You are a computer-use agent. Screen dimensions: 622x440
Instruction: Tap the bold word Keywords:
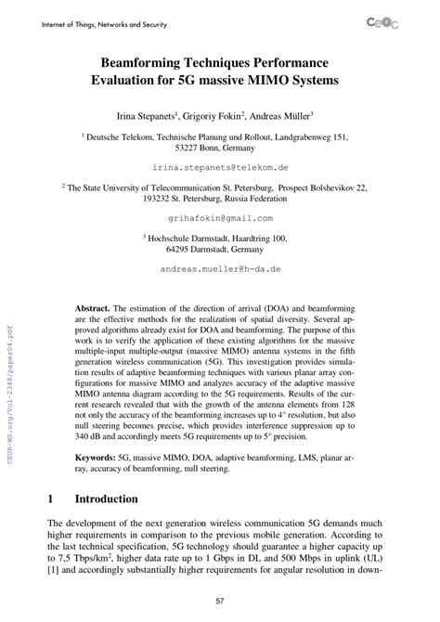point(99,458)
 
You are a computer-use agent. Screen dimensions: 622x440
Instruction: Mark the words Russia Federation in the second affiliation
point(254,199)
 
